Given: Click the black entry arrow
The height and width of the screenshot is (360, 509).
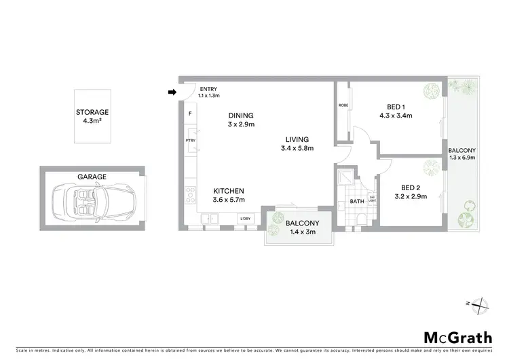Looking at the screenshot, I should click(x=172, y=92).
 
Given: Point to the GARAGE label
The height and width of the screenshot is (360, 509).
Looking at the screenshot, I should click(x=92, y=177).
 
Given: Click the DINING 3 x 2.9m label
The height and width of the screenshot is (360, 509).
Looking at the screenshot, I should click(x=241, y=120).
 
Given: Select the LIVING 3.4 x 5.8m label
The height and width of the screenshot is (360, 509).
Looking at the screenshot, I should click(x=297, y=144).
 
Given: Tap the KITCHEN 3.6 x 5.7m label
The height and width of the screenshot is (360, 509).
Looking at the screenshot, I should click(x=229, y=195).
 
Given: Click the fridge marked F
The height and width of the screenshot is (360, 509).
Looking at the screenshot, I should click(x=190, y=113).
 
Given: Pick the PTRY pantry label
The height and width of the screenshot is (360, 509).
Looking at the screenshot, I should click(x=190, y=141).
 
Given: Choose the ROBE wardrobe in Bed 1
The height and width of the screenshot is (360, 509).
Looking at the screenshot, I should click(x=343, y=105).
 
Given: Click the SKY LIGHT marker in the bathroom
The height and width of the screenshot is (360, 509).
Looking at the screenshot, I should click(x=371, y=199).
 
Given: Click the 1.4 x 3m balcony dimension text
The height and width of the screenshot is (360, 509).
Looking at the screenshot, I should click(x=298, y=232).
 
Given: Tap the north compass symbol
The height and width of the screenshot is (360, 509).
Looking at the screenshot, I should click(x=480, y=306).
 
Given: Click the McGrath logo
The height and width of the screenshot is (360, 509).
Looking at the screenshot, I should click(x=453, y=337).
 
